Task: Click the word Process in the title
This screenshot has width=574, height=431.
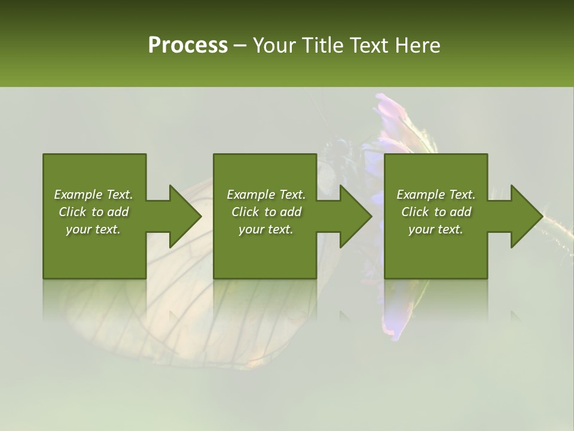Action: point(188,45)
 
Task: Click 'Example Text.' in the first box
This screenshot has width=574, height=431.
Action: point(93,195)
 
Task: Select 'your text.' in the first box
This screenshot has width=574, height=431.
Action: point(93,229)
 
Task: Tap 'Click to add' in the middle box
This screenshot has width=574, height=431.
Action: point(266,212)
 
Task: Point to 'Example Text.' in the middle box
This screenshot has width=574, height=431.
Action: point(266,195)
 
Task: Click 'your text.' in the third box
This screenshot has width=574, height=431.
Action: point(436,229)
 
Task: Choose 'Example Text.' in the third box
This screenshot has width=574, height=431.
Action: point(436,195)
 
